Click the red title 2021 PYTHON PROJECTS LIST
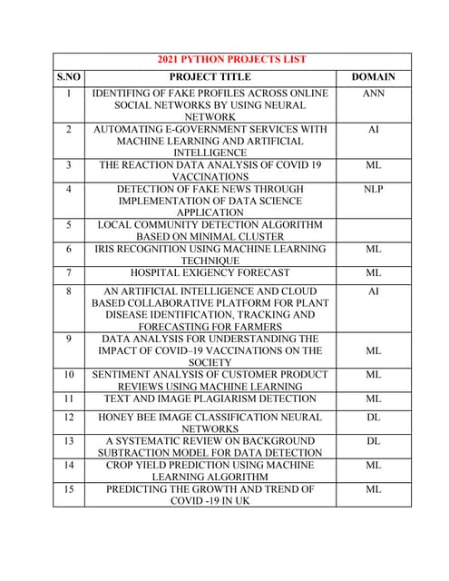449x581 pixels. click(x=231, y=59)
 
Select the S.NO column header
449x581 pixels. click(x=68, y=77)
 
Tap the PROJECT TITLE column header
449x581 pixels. click(x=210, y=77)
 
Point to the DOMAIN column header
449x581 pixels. click(x=373, y=77)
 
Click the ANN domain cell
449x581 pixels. click(x=373, y=93)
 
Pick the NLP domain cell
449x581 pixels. click(x=373, y=189)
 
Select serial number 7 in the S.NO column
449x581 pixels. click(x=68, y=271)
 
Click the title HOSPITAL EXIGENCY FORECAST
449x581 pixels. click(x=210, y=271)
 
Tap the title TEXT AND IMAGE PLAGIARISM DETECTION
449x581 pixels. click(x=210, y=399)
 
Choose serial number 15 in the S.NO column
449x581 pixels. click(x=68, y=488)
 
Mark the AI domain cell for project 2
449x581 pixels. click(x=373, y=130)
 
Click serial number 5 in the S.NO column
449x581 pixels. click(x=68, y=223)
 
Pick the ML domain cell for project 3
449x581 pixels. click(x=373, y=165)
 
